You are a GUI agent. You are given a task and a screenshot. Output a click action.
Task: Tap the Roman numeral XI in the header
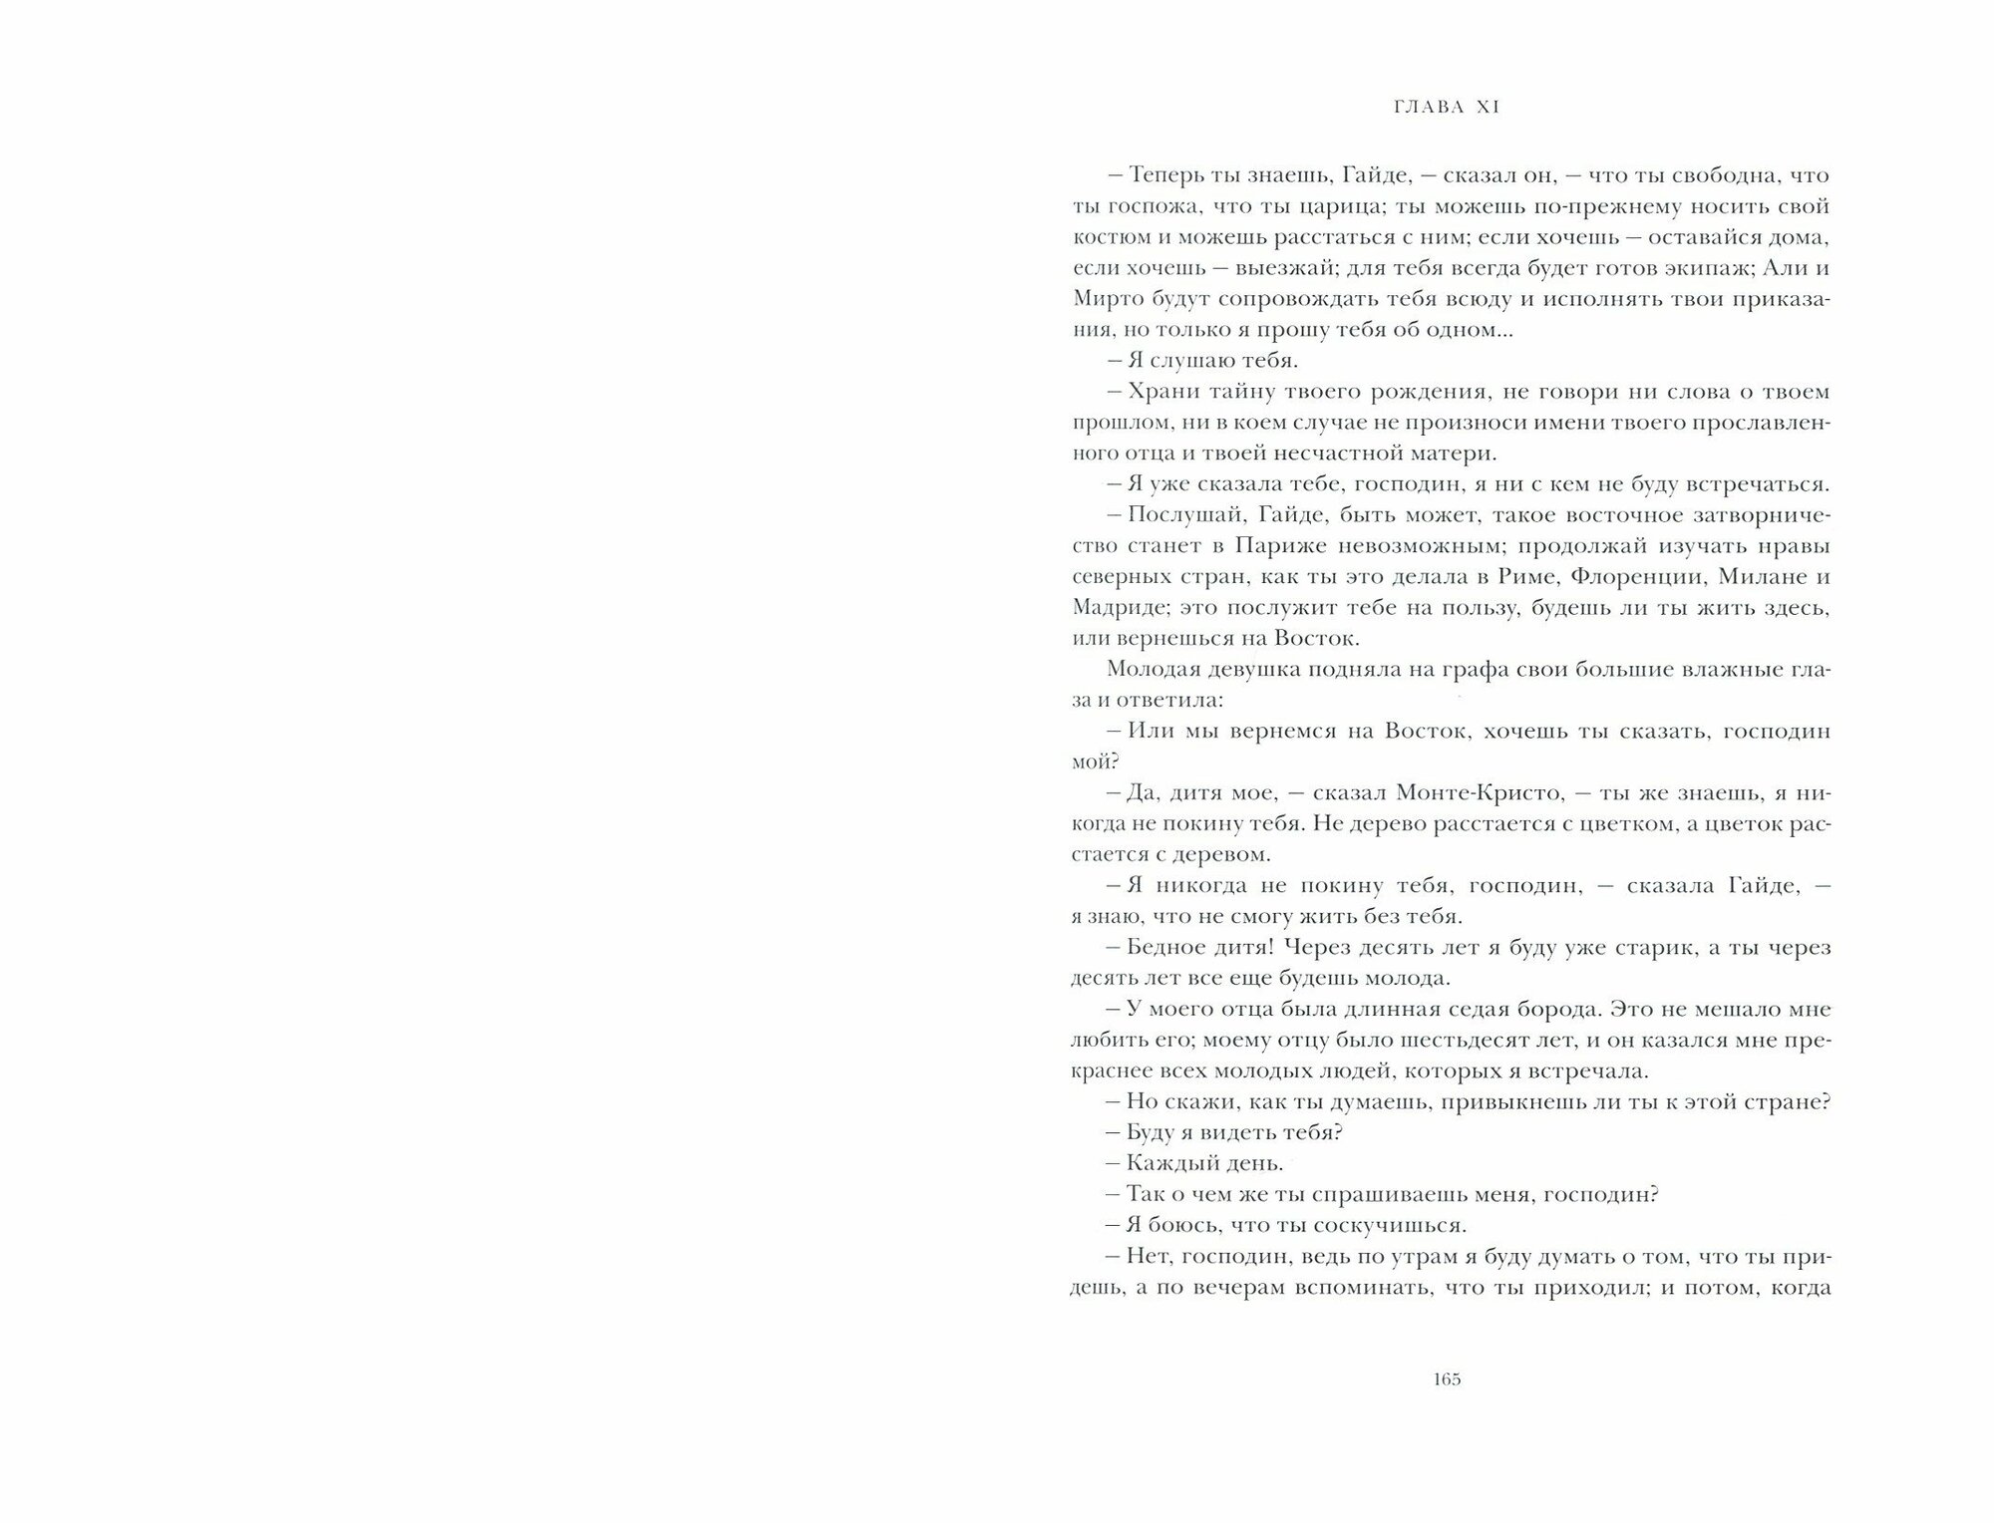(x=1488, y=108)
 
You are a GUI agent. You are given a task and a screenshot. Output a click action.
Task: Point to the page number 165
(x=1447, y=1379)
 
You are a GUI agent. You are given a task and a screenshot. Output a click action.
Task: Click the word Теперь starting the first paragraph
(x=1163, y=175)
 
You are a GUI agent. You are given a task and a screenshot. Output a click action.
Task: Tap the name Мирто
(x=1106, y=299)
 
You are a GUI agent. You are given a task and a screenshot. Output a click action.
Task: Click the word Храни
(x=1158, y=392)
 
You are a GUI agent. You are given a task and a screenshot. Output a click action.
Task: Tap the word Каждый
(x=1164, y=1164)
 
